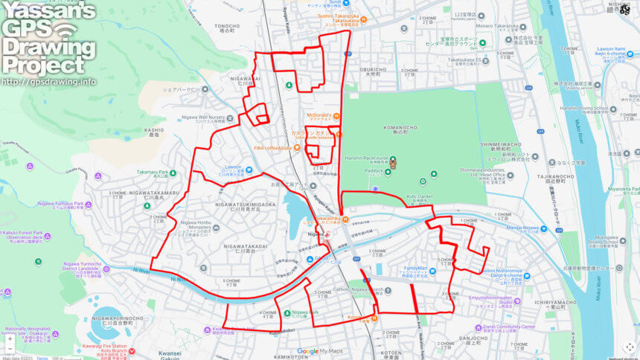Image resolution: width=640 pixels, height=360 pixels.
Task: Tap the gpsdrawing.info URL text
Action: pos(48,81)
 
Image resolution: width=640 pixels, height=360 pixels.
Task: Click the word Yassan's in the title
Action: pos(48,10)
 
